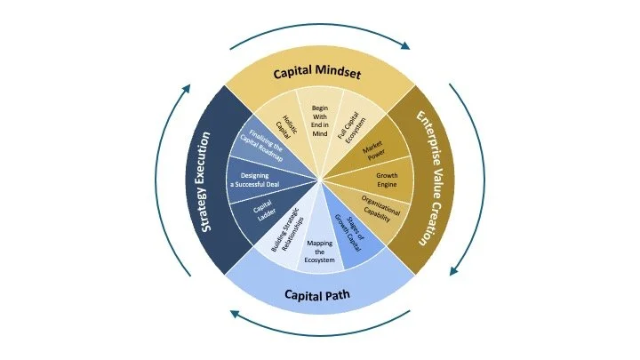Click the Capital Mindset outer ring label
pos(317,72)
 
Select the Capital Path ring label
pos(319,294)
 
